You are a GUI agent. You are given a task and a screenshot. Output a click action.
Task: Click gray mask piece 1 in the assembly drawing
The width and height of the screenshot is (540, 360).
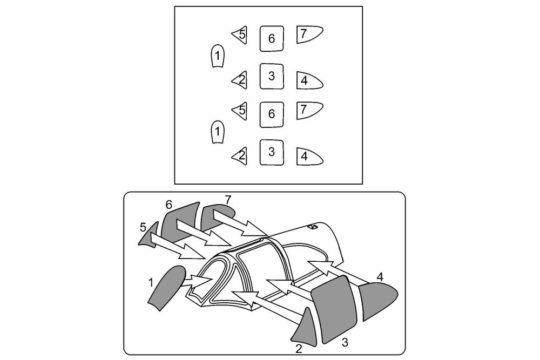(x=167, y=287)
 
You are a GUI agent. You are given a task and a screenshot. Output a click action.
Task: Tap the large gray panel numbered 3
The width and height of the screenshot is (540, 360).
(x=334, y=309)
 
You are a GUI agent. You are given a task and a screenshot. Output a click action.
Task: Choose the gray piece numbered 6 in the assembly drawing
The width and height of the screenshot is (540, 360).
(x=180, y=222)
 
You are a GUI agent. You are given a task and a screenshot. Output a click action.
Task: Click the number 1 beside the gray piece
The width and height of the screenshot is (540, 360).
(x=151, y=283)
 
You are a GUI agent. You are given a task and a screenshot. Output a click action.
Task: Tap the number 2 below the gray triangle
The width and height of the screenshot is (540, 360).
(x=299, y=349)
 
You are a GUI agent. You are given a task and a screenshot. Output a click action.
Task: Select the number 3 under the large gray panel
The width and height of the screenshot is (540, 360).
(x=345, y=342)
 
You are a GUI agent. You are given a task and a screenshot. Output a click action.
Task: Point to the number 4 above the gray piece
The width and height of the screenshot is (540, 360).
(x=380, y=276)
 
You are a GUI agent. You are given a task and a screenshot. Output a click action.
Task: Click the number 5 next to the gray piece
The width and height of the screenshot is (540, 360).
(x=143, y=227)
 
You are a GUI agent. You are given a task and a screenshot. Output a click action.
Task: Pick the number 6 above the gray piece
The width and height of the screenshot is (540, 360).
(x=168, y=205)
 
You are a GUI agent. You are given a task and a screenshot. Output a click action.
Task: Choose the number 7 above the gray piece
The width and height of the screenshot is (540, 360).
(x=228, y=200)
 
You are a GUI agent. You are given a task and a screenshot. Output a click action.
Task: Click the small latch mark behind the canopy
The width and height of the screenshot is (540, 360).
(x=313, y=227)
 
